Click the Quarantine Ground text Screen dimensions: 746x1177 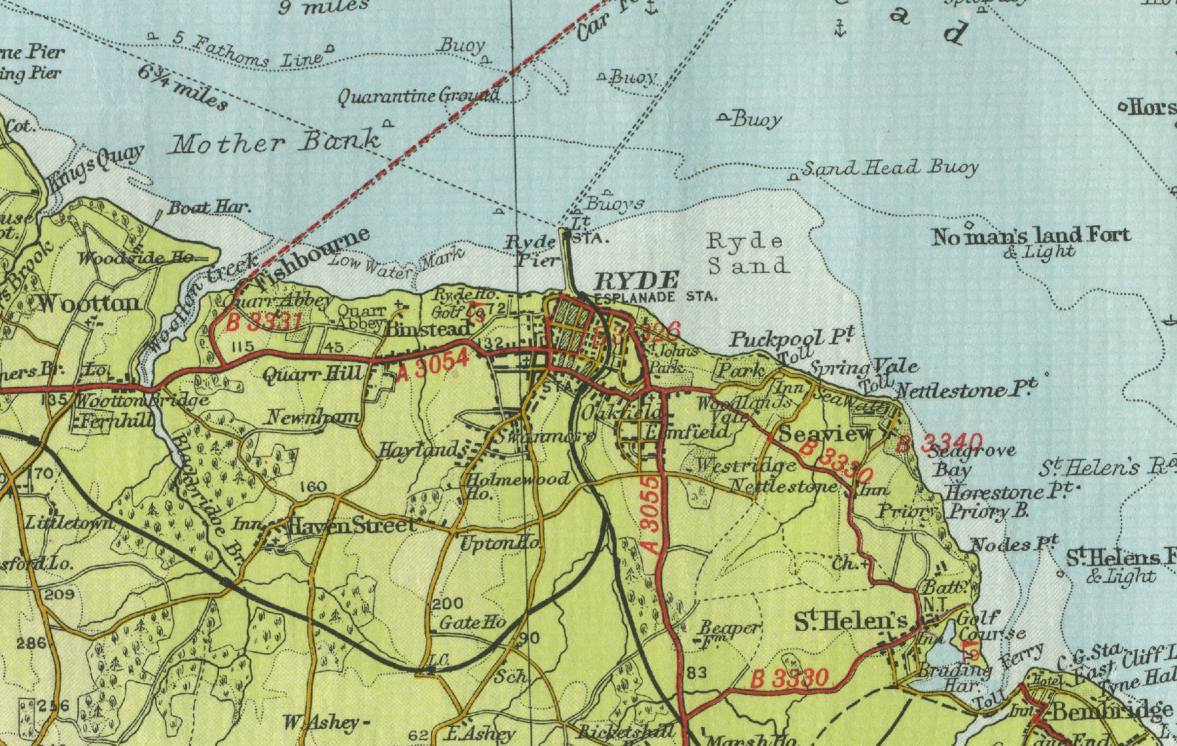[418, 96]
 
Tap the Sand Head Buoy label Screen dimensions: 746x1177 [889, 168]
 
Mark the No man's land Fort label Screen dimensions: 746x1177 [1031, 236]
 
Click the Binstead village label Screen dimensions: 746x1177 [428, 329]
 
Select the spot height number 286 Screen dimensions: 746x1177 [31, 643]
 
